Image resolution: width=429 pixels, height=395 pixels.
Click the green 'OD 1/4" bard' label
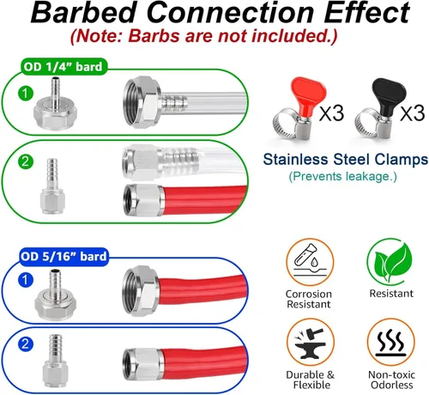click(63, 67)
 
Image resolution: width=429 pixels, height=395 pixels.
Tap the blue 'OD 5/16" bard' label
click(63, 256)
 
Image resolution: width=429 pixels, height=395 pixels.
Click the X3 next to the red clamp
click(332, 113)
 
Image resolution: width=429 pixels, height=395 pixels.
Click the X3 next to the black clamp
click(412, 113)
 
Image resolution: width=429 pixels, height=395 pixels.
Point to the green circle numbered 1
click(26, 94)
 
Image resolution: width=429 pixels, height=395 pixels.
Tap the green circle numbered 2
click(26, 161)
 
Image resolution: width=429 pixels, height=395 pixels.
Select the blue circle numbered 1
click(26, 280)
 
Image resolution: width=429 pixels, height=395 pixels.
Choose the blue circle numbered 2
click(26, 344)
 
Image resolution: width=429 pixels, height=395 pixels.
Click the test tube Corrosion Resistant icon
click(310, 262)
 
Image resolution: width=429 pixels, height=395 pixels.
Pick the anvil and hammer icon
click(311, 343)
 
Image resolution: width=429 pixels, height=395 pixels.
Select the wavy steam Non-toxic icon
click(391, 343)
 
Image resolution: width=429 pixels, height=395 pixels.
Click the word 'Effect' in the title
click(367, 13)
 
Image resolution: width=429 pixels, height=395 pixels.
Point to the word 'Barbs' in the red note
click(154, 36)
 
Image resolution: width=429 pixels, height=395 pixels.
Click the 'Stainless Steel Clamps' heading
click(346, 159)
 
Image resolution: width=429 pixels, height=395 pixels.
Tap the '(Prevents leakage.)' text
click(342, 176)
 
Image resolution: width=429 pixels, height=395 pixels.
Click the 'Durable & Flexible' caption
click(311, 380)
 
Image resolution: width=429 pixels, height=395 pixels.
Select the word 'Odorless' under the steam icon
click(392, 385)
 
